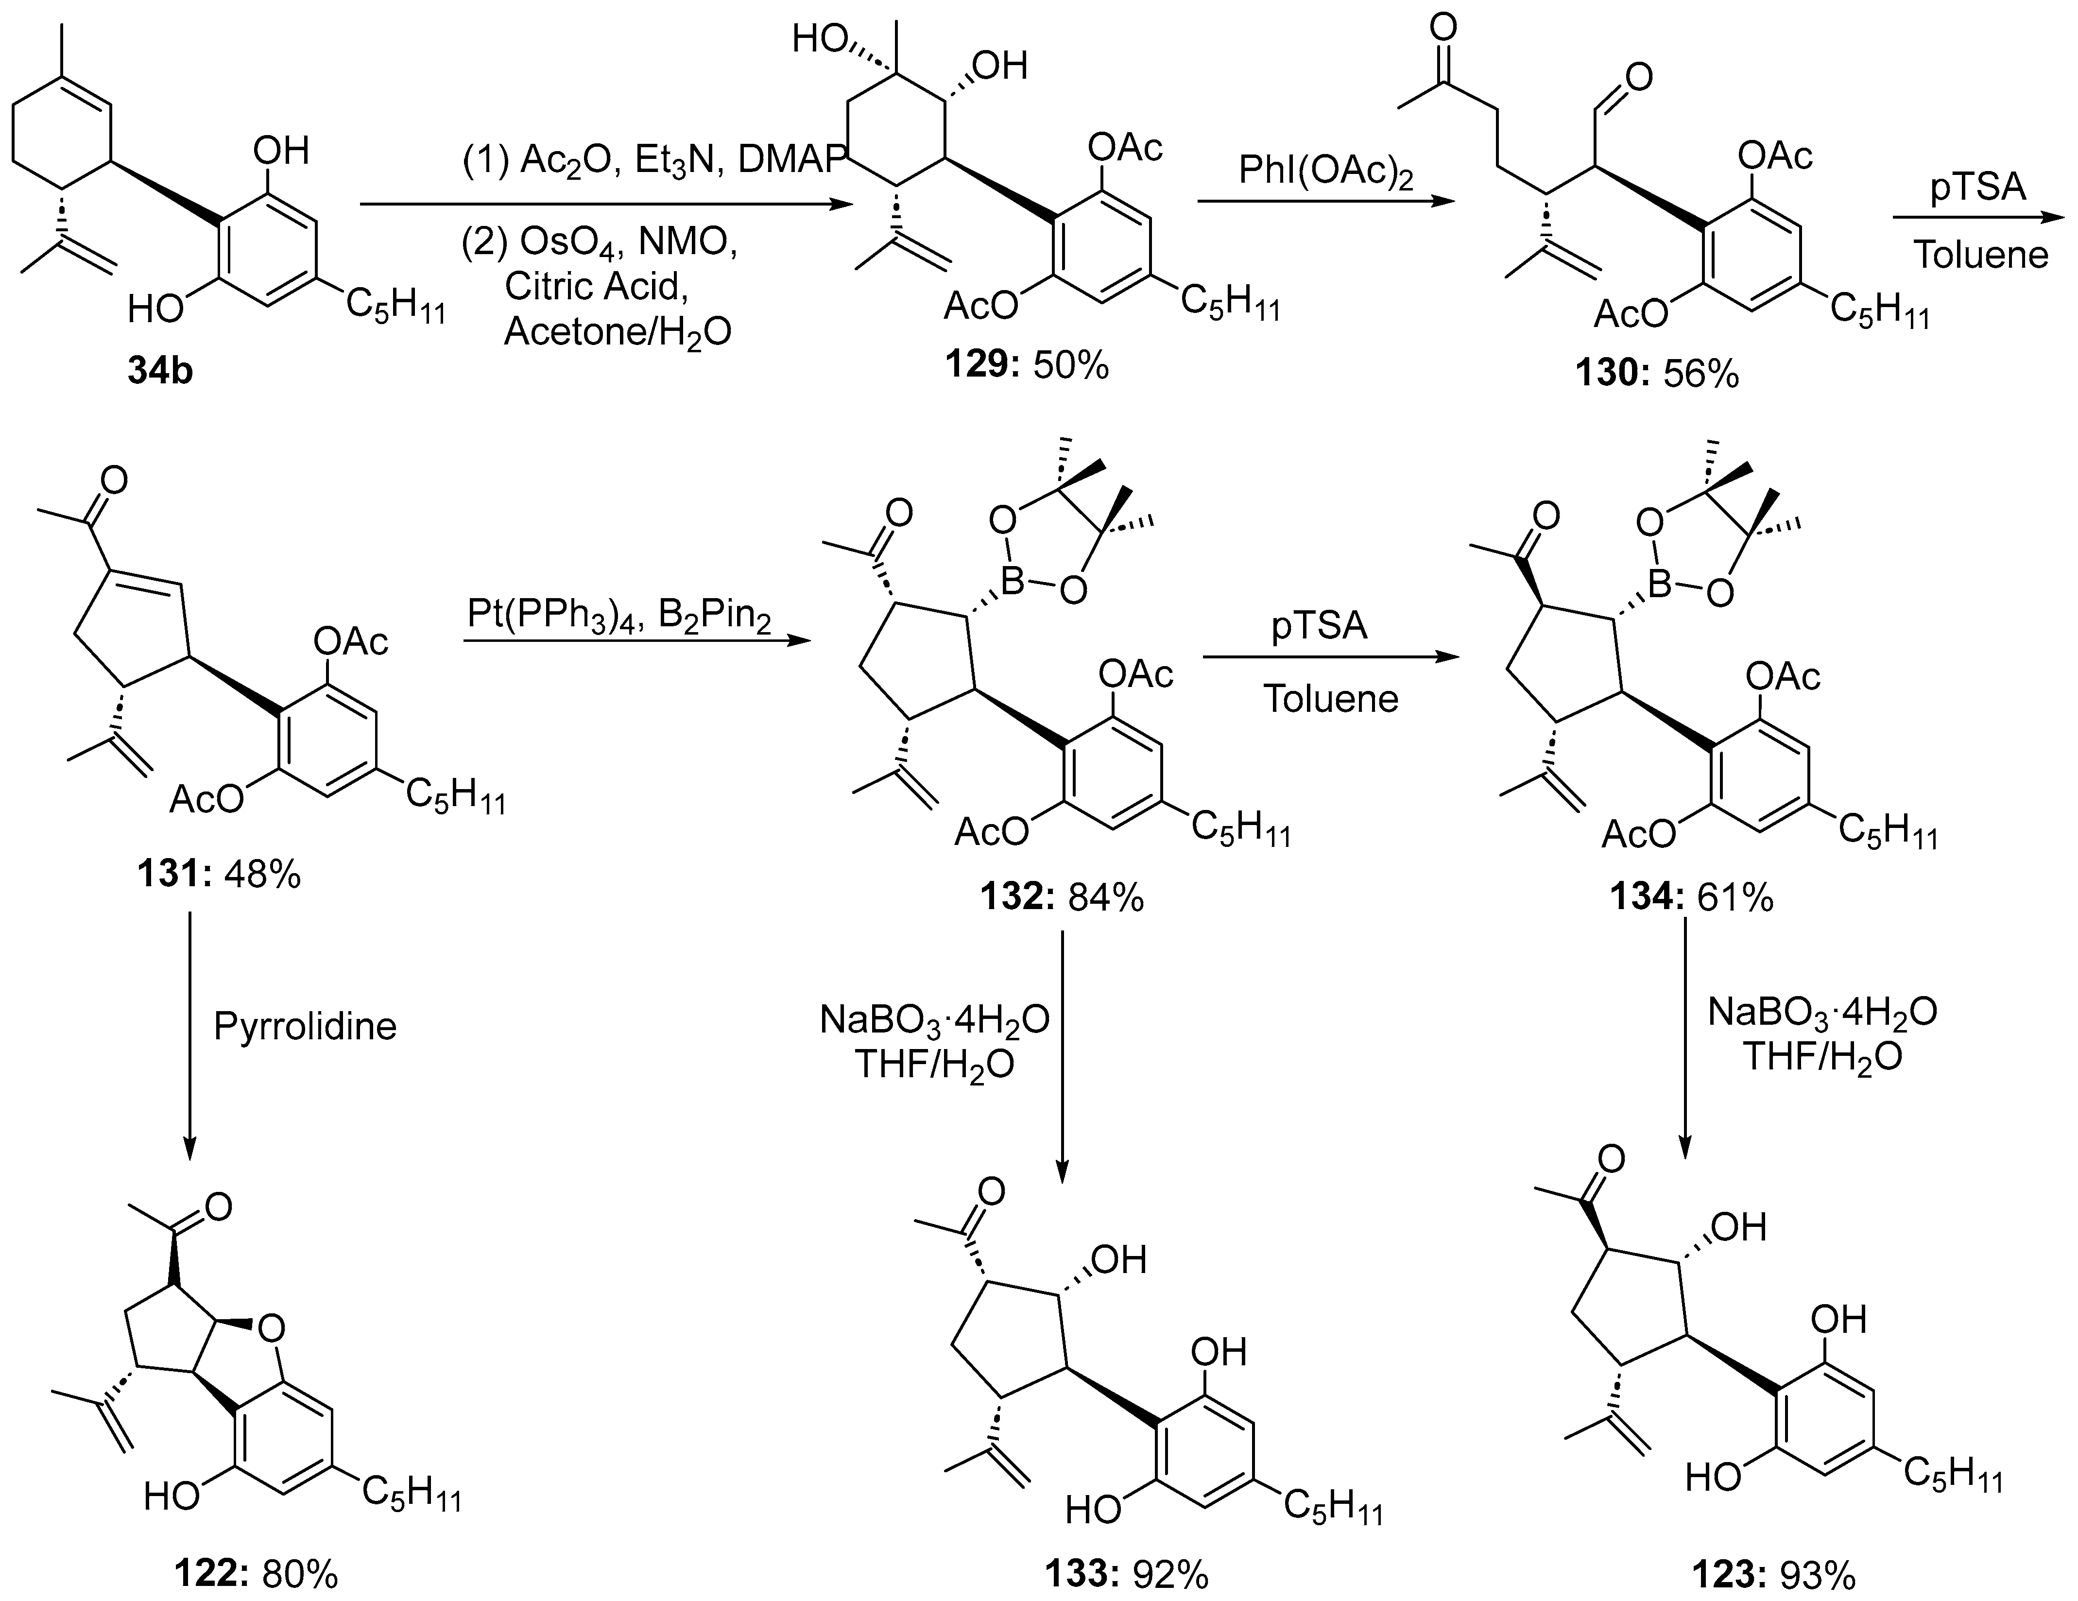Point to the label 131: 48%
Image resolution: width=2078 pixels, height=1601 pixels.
(218, 873)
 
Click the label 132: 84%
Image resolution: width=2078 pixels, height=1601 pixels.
(1062, 897)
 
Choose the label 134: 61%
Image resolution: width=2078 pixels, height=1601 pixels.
(1691, 897)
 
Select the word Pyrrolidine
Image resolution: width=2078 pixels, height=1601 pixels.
(305, 1026)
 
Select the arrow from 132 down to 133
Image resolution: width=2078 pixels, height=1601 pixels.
(1062, 1056)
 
